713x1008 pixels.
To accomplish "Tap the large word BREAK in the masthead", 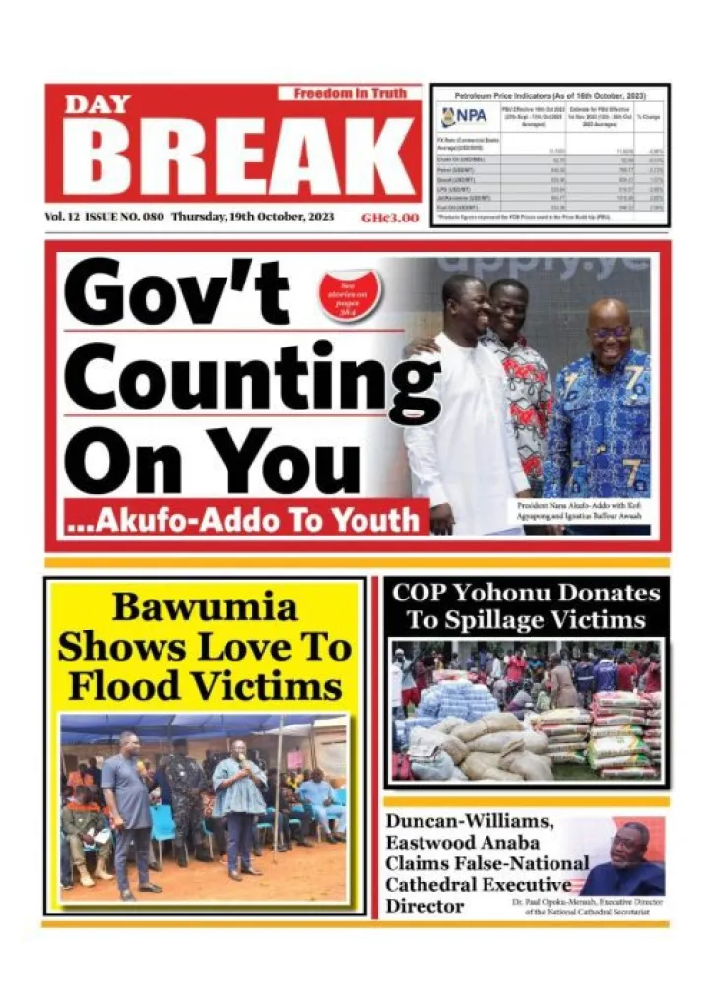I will tap(236, 159).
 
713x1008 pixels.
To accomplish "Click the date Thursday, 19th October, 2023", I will tap(253, 217).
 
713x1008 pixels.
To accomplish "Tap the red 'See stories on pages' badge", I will tap(349, 295).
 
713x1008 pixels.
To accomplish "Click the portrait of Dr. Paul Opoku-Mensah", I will tap(630, 850).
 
